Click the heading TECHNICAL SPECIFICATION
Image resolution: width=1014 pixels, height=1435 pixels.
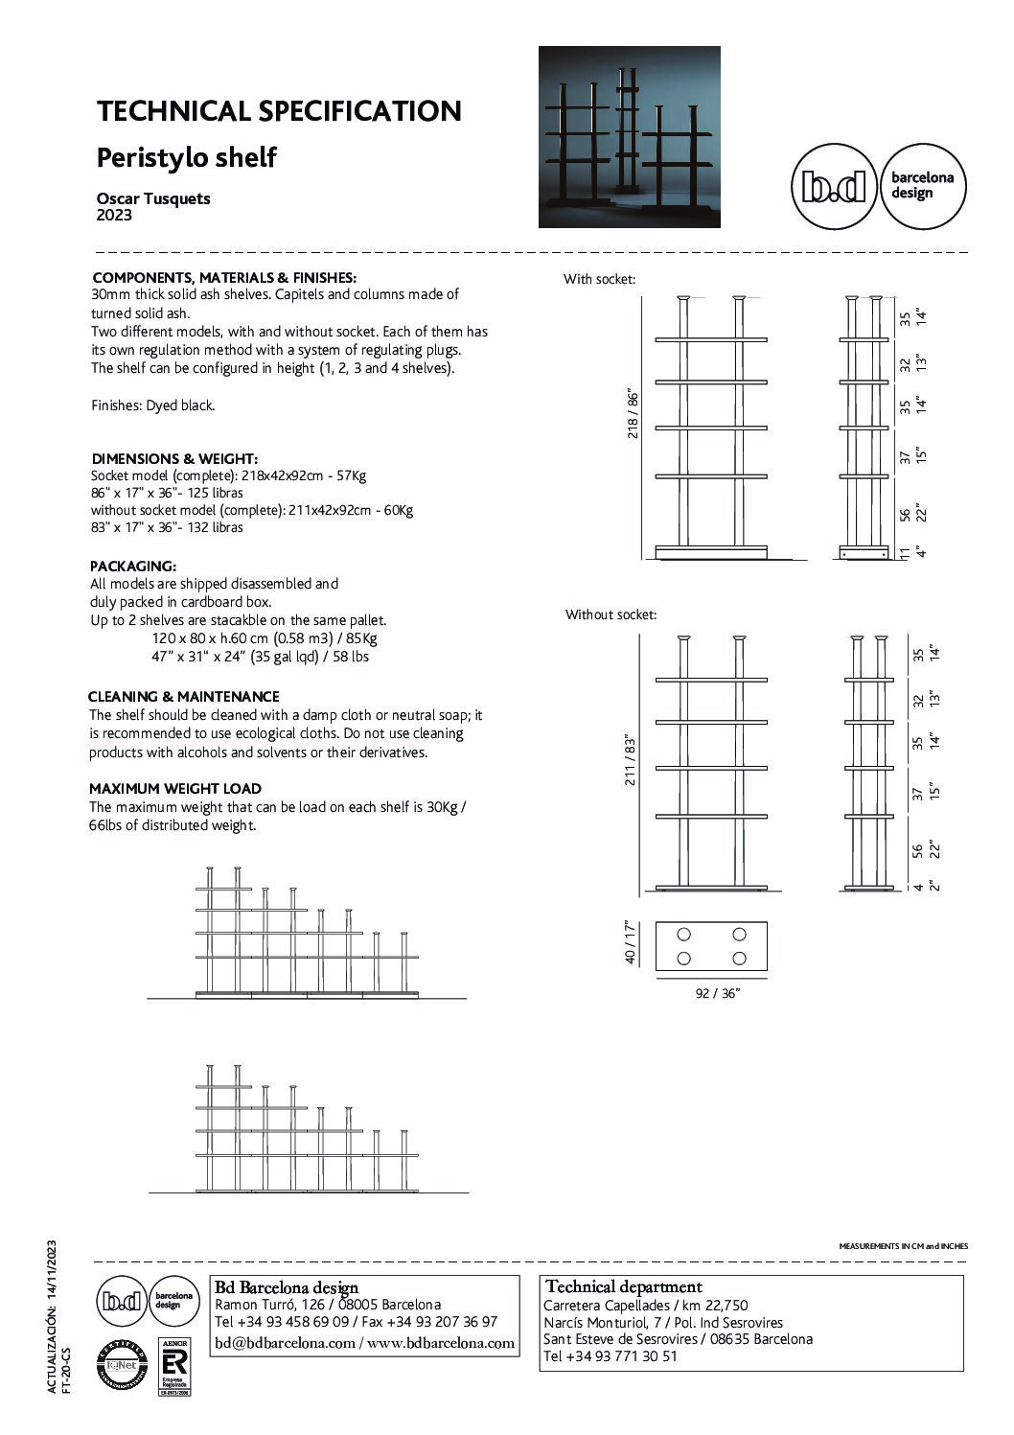click(279, 111)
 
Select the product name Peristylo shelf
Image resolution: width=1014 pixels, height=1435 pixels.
click(187, 157)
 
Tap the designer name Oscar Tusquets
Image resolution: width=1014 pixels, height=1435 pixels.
click(153, 198)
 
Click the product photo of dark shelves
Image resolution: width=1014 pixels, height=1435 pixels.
click(629, 137)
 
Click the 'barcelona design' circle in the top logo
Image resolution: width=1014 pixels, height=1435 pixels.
click(923, 186)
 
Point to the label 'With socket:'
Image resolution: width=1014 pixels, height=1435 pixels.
click(599, 280)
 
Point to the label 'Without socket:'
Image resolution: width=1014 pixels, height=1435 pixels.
click(611, 614)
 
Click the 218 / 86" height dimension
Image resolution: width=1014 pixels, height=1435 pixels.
click(632, 414)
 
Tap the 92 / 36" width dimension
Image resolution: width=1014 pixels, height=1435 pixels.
click(717, 993)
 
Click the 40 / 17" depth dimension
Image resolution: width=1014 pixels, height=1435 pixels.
click(631, 942)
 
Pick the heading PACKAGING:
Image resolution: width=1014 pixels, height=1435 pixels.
click(133, 567)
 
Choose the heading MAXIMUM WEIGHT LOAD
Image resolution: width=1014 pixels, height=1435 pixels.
click(175, 789)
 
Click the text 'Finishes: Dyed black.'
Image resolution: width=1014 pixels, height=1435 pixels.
click(153, 405)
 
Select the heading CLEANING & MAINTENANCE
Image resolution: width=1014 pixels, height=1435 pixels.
click(183, 697)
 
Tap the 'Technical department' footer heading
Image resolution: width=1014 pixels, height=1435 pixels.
click(623, 1287)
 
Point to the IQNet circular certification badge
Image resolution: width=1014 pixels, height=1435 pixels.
click(121, 1364)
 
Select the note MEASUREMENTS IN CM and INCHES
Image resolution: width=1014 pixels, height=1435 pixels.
click(903, 1246)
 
